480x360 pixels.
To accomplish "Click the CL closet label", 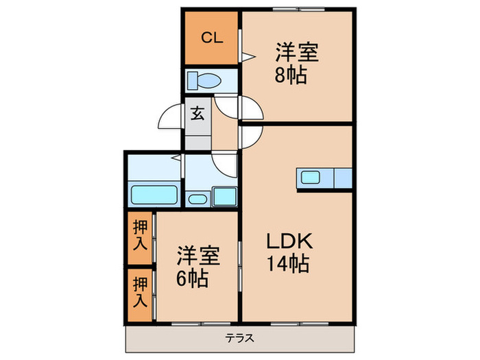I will point(211,38).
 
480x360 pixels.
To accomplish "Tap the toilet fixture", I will point(204,80).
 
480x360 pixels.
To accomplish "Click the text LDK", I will point(290,242).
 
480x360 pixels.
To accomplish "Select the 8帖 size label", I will point(290,74).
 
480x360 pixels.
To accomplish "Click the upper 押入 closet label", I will point(140,233).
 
